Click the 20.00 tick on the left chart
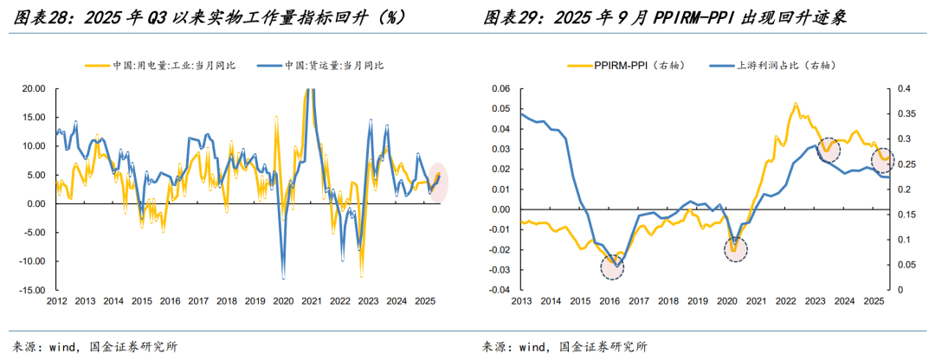point(33,88)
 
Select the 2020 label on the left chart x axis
point(283,301)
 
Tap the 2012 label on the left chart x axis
point(57,301)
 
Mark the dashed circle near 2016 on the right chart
point(612,267)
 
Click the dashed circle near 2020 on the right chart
point(736,250)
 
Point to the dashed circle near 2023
point(829,150)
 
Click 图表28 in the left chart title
point(32,16)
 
